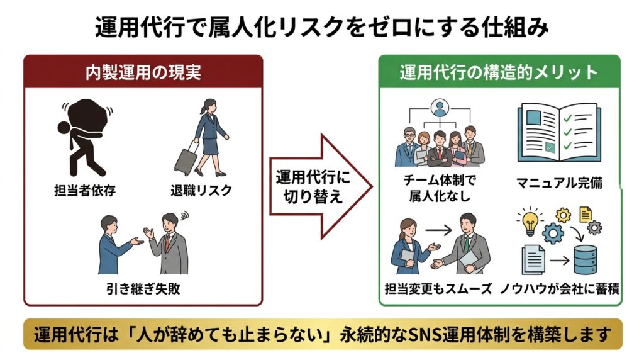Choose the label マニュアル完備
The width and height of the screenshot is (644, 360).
pyautogui.click(x=559, y=183)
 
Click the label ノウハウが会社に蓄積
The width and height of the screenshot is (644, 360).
pyautogui.click(x=560, y=290)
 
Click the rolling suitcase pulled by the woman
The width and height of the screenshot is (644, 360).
pyautogui.click(x=183, y=159)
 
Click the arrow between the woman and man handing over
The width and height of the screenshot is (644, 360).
pyautogui.click(x=442, y=231)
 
